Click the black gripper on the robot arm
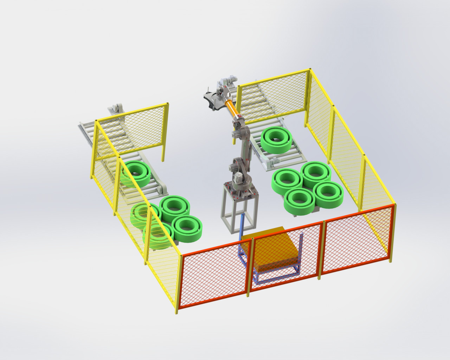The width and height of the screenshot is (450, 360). (213, 98)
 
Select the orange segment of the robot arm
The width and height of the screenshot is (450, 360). (231, 107)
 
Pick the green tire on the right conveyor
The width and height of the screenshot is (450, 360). (276, 140)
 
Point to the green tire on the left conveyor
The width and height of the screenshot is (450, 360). (136, 174)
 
